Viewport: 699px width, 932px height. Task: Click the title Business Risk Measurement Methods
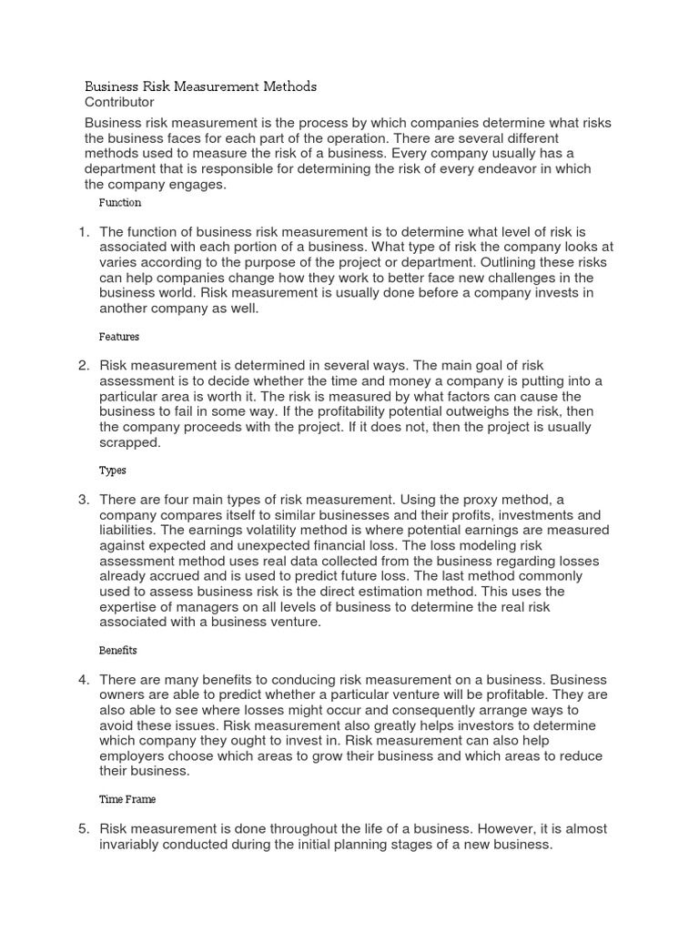200,86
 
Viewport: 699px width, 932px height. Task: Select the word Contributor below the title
119,103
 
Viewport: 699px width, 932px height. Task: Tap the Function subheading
119,203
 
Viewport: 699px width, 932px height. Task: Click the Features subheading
118,337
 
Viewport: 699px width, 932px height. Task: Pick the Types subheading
112,471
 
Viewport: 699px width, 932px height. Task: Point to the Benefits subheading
117,651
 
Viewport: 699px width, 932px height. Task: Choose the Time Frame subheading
127,799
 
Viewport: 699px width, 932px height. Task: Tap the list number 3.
83,500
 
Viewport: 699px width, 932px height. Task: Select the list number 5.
83,829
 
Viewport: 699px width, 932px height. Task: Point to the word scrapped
129,442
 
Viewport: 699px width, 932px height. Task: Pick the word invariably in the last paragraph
130,844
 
